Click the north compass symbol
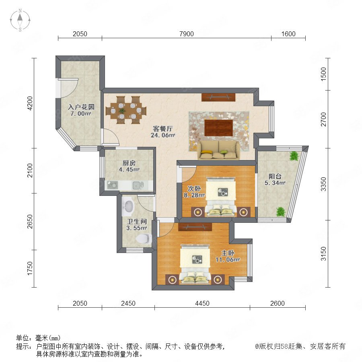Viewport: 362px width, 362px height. (x=20, y=20)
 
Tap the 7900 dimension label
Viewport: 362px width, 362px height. (x=187, y=34)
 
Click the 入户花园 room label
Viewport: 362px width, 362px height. (x=81, y=107)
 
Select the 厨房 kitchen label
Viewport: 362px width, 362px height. (x=129, y=163)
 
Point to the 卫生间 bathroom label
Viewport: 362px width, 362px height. (x=137, y=221)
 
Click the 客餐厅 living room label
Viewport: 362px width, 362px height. (x=163, y=129)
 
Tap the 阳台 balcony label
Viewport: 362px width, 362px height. (x=275, y=176)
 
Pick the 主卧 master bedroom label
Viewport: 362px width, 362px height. (x=228, y=253)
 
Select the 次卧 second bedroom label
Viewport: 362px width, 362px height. (x=194, y=188)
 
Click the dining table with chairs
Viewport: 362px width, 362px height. (x=126, y=110)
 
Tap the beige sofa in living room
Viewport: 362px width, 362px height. (x=218, y=150)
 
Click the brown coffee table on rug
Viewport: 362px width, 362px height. (x=218, y=128)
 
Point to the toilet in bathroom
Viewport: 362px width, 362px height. (x=144, y=238)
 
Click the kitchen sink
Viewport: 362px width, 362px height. (x=138, y=185)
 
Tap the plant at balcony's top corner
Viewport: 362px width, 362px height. (x=294, y=156)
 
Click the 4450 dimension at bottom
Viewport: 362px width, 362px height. (x=202, y=303)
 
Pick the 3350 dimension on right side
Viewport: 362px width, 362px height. (x=324, y=184)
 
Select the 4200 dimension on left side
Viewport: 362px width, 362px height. (x=30, y=103)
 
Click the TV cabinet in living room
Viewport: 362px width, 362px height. (x=218, y=97)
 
